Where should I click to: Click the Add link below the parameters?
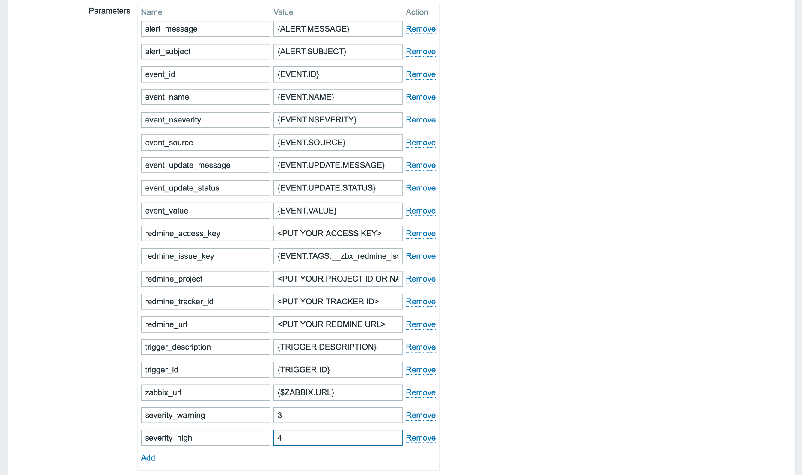[148, 458]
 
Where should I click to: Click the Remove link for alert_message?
[420, 29]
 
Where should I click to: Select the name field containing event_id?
[205, 74]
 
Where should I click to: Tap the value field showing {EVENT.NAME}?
[337, 97]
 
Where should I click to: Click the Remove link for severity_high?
[420, 438]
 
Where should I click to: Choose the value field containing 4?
[337, 438]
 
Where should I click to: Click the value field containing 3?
[337, 416]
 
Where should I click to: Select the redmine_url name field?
[205, 324]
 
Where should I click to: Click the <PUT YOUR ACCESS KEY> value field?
[337, 234]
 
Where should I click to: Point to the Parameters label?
[109, 11]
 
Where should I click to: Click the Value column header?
[283, 12]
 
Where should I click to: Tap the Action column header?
[416, 12]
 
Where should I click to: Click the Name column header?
[151, 12]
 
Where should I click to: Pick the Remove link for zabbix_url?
[420, 393]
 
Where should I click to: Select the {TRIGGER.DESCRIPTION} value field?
[337, 347]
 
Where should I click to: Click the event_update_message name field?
[205, 166]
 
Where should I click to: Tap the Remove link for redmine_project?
[420, 279]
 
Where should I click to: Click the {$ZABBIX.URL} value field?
[337, 393]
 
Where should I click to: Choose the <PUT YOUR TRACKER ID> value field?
[337, 302]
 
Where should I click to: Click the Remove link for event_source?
[420, 143]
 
